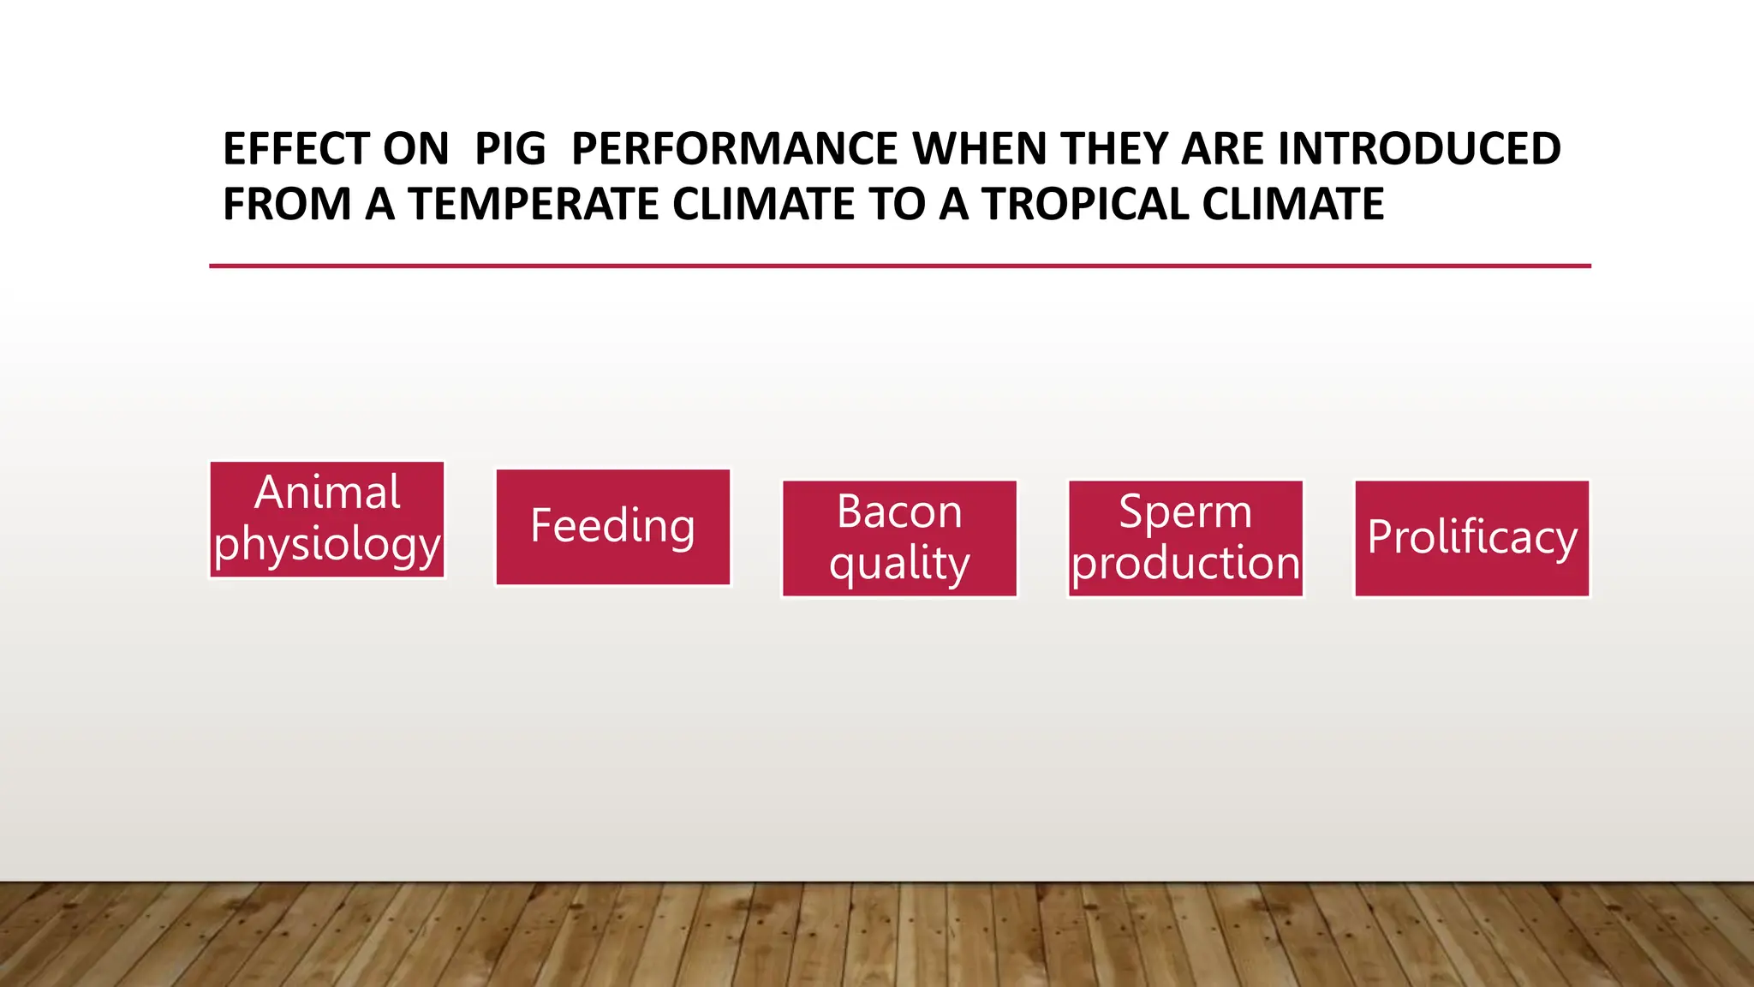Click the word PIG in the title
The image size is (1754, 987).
(510, 150)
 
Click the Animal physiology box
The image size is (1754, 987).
(327, 520)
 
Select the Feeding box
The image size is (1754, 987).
(613, 527)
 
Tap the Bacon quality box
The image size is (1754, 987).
(899, 538)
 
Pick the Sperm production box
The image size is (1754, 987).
(1185, 538)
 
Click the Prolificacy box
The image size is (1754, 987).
(1471, 538)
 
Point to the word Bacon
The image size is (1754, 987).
(899, 512)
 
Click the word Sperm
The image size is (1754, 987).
(1185, 512)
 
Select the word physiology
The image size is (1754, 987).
(327, 545)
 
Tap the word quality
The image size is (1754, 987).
(899, 564)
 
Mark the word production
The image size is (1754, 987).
(1185, 564)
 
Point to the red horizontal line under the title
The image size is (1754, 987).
(899, 266)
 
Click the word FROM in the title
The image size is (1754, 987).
(287, 205)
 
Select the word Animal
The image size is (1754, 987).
(327, 493)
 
